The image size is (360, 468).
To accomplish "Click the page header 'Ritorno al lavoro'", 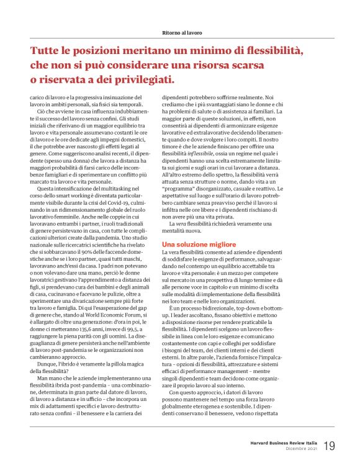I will coord(179,31).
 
